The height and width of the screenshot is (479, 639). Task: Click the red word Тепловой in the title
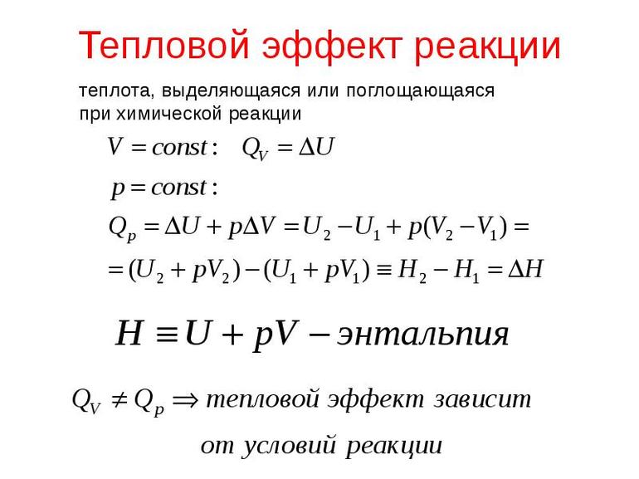click(163, 45)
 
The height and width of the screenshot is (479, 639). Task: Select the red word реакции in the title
click(487, 47)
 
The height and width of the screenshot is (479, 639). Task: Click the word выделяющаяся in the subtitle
click(232, 90)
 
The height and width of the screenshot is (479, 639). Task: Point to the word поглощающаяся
click(420, 90)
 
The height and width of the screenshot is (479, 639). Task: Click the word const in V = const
click(180, 147)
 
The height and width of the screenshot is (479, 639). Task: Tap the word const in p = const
click(179, 188)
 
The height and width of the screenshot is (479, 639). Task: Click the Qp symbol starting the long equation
click(122, 228)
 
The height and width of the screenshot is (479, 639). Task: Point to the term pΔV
click(251, 227)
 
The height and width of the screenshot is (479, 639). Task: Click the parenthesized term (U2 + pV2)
click(184, 271)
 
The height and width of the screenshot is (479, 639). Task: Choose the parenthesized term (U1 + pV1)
click(317, 271)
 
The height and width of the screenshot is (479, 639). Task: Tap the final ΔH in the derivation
click(526, 269)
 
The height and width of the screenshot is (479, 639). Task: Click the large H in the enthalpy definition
click(129, 333)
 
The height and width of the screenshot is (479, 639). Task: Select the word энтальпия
click(422, 335)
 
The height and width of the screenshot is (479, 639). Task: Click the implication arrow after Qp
click(185, 400)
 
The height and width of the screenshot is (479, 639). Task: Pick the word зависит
click(482, 399)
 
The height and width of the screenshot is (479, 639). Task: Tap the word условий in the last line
click(290, 446)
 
